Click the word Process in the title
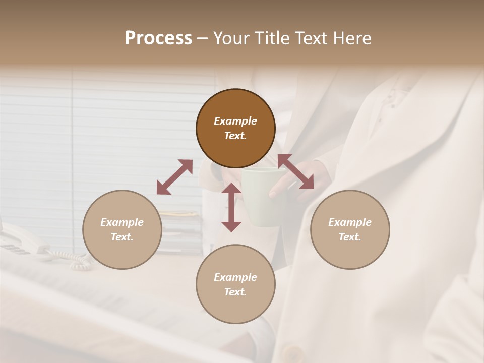pyautogui.click(x=158, y=38)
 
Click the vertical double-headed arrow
pyautogui.click(x=231, y=207)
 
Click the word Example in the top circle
pyautogui.click(x=235, y=121)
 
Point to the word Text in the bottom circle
pyautogui.click(x=235, y=292)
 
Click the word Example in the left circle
pyautogui.click(x=122, y=222)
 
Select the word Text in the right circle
pyautogui.click(x=350, y=237)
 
